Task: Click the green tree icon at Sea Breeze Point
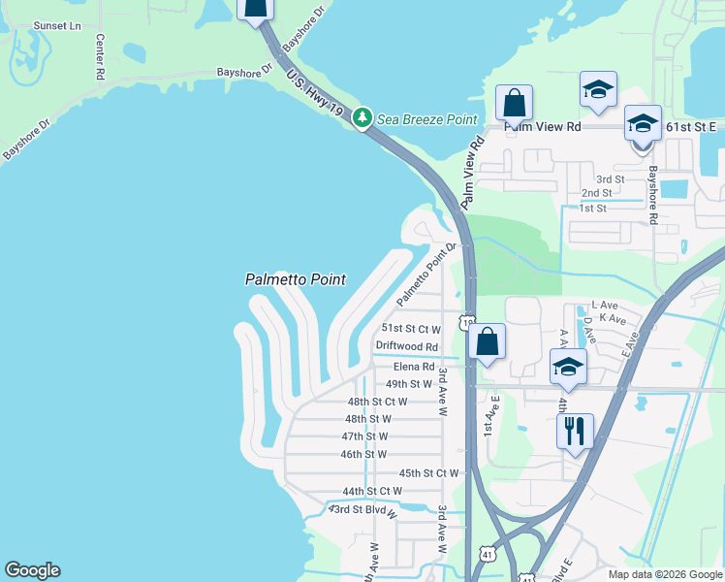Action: point(362,118)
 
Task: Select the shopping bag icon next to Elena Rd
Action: point(487,341)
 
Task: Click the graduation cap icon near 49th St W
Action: point(568,367)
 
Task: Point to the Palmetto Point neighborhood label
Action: point(295,279)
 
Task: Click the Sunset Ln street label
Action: point(57,25)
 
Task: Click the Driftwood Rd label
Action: point(407,346)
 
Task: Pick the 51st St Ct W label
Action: point(411,329)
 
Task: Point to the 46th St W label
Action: point(363,454)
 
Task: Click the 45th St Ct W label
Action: point(427,473)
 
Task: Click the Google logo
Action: point(32,570)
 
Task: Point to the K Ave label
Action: point(612,318)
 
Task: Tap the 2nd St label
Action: point(596,193)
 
